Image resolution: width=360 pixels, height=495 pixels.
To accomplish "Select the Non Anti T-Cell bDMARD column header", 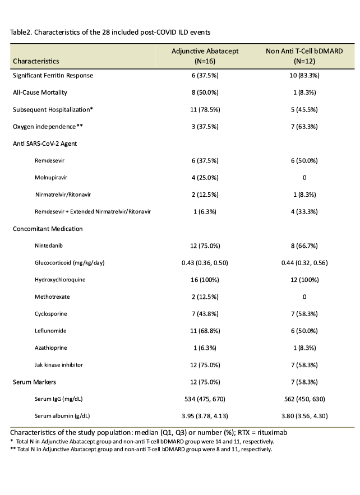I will click(304, 55).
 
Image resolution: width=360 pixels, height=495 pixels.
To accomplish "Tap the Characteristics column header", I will click(36, 60).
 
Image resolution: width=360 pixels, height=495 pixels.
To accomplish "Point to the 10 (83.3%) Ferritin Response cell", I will click(304, 75).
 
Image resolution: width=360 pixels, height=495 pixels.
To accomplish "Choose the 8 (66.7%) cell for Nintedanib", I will click(304, 246).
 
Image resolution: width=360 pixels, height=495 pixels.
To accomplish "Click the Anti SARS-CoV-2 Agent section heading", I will click(45, 143).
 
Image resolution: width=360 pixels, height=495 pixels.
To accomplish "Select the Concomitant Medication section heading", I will click(48, 229).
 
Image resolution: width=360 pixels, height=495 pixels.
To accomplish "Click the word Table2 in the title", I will click(21, 32).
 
